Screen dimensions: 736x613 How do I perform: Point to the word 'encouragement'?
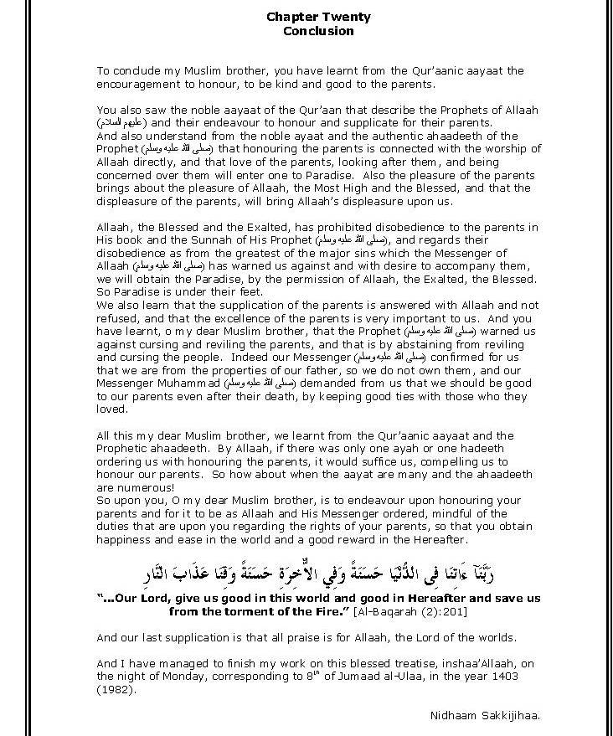pos(136,85)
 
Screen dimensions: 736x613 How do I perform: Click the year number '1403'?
pos(519,677)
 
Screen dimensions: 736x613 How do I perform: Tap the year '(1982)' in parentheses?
pos(115,690)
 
